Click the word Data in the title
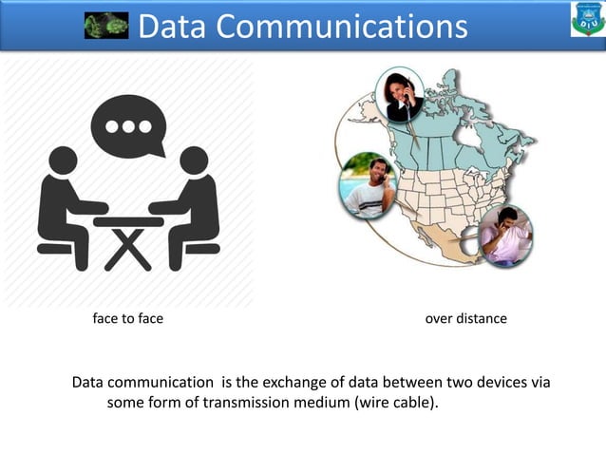173,27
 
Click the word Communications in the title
342,27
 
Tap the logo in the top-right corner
586,20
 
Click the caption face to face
127,318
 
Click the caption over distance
465,318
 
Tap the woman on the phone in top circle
398,95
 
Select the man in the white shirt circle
368,185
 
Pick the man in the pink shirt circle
505,235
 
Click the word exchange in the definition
291,382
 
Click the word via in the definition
540,382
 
